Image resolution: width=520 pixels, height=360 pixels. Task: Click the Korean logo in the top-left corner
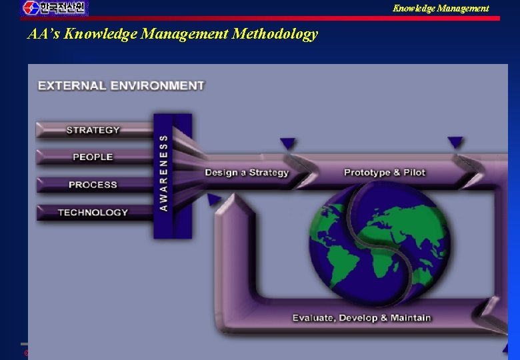pos(55,8)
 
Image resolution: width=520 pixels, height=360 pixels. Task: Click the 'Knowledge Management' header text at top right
pos(440,8)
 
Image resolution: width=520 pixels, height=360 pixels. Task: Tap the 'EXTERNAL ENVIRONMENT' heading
pos(121,85)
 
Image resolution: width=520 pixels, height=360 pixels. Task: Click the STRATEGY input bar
pos(93,130)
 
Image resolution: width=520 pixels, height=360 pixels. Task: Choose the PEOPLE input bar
pos(93,157)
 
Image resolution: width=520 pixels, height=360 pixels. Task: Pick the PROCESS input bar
pos(93,185)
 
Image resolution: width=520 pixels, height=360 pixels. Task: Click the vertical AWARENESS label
pos(164,173)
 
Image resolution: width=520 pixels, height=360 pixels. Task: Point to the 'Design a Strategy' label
pos(246,173)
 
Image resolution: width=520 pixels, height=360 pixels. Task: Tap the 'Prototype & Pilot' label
pos(384,173)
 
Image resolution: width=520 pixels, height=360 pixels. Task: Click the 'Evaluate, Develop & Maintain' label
pos(361,318)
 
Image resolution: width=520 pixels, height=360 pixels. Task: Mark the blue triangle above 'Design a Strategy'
pos(287,143)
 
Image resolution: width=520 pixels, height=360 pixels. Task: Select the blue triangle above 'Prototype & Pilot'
pos(455,142)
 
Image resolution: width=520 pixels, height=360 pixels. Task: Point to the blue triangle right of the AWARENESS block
pos(214,199)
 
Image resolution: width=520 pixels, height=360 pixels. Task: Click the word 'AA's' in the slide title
pos(39,34)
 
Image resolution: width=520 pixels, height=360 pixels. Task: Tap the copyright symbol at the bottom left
pos(27,353)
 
